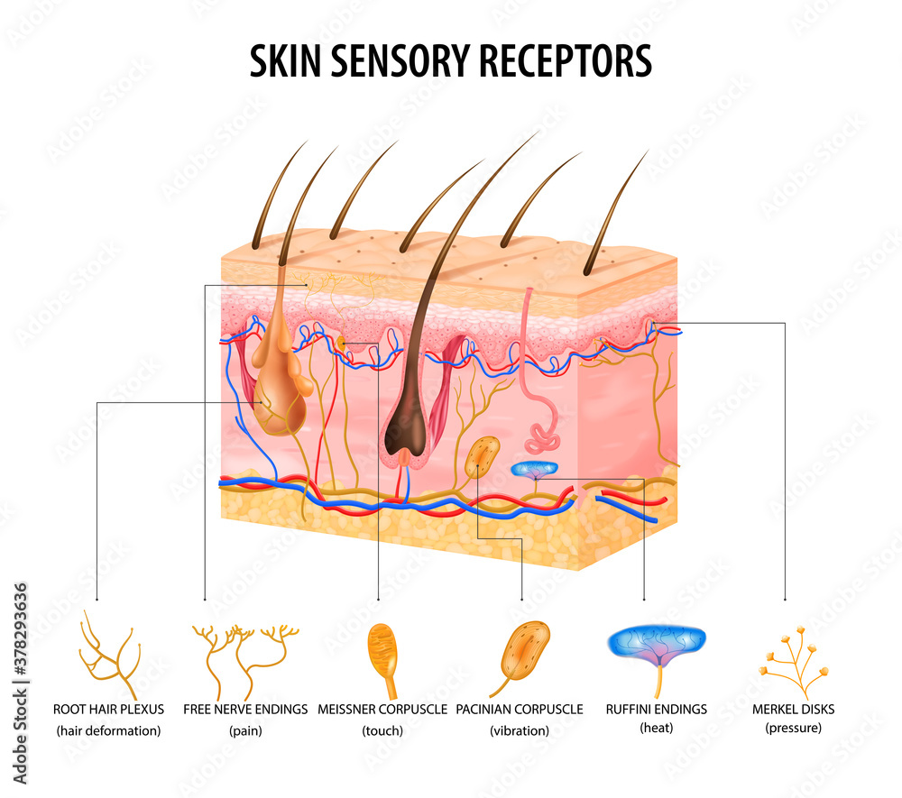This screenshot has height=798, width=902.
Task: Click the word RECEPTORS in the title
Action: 566,60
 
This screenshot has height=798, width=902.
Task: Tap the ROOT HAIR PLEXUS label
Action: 109,710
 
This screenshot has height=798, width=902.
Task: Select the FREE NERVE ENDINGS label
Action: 245,710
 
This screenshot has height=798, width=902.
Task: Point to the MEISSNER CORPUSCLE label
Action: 382,710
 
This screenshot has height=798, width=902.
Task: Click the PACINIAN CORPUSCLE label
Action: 520,710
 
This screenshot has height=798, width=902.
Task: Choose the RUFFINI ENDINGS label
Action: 657,710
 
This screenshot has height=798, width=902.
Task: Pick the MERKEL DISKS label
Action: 793,710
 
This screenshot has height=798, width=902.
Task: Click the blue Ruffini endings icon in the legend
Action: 657,644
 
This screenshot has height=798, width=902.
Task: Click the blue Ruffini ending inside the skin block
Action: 534,470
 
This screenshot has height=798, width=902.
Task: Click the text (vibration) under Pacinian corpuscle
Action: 520,730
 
